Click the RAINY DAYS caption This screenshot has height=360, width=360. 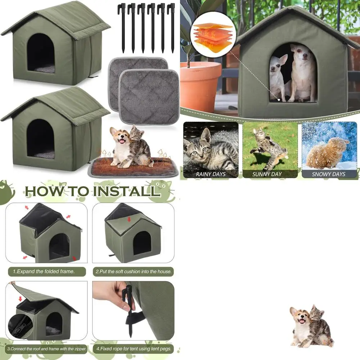[x=211, y=174]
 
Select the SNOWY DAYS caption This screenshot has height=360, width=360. [x=329, y=174]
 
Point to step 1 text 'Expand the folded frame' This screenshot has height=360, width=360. [x=44, y=271]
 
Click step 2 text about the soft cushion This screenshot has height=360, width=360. [x=133, y=271]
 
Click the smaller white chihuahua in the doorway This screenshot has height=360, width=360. [x=278, y=77]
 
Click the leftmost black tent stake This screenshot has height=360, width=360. [x=123, y=27]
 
